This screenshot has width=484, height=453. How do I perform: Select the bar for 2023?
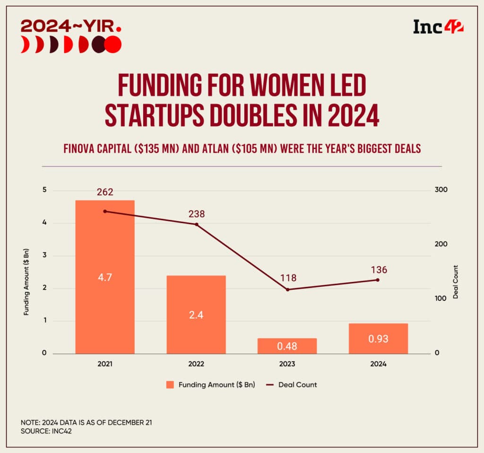[287, 346]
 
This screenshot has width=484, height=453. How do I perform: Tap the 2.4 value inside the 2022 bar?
[196, 315]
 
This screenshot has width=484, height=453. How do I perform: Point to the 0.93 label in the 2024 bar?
[378, 339]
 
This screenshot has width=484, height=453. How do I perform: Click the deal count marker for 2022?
[197, 224]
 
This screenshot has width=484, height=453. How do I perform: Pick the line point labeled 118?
[287, 289]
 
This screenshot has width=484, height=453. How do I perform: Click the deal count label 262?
[105, 192]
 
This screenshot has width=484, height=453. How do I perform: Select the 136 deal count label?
[379, 270]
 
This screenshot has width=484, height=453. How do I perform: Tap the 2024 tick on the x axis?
[378, 364]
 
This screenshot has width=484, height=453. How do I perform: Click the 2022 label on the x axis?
[196, 364]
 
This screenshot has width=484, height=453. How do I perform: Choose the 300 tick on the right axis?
[441, 190]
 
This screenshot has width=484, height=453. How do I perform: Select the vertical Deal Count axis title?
[456, 282]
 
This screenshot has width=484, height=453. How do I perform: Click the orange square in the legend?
[170, 385]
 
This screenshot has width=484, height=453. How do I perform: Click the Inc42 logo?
[438, 26]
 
